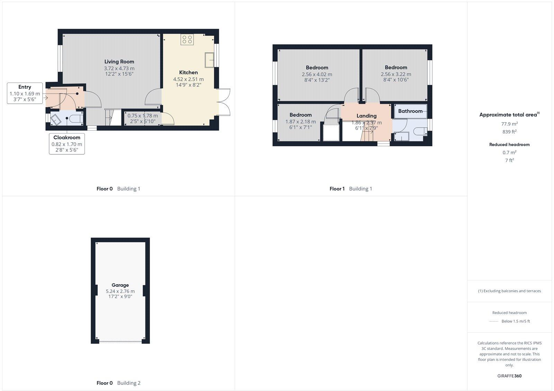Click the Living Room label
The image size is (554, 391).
pyautogui.click(x=119, y=62)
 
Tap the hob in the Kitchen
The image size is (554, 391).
pyautogui.click(x=187, y=40)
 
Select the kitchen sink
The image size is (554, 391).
pyautogui.click(x=209, y=59)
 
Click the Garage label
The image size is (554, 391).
pyautogui.click(x=120, y=285)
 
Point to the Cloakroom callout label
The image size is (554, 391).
pyautogui.click(x=67, y=138)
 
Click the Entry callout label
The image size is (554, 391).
pyautogui.click(x=25, y=87)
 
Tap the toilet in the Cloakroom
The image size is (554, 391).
pyautogui.click(x=75, y=119)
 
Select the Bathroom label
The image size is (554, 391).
pyautogui.click(x=410, y=111)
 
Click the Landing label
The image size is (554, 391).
pyautogui.click(x=366, y=116)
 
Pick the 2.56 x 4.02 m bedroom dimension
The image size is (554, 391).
pyautogui.click(x=317, y=74)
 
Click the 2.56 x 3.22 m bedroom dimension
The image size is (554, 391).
pyautogui.click(x=396, y=74)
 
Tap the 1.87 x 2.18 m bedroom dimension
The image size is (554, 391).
pyautogui.click(x=301, y=122)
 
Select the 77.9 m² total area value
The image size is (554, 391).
pyautogui.click(x=509, y=124)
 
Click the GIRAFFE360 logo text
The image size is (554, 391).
pyautogui.click(x=509, y=376)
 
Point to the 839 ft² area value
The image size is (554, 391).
pyautogui.click(x=509, y=132)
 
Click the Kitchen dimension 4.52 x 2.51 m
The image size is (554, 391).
pyautogui.click(x=188, y=79)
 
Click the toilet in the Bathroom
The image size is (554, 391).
pyautogui.click(x=420, y=132)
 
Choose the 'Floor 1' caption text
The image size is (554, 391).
pyautogui.click(x=337, y=189)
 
